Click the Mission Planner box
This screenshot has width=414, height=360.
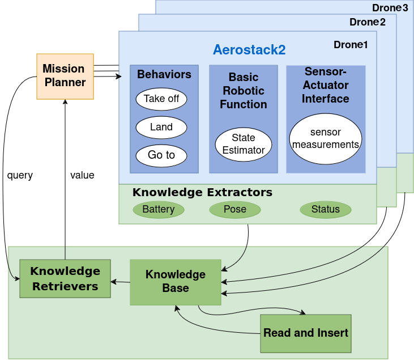point(65,76)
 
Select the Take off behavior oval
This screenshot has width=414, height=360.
point(161,99)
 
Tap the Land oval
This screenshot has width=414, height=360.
point(161,127)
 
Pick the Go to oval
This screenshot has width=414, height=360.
point(161,155)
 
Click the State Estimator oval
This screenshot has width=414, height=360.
point(244,144)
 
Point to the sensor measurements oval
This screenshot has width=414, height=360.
point(326,138)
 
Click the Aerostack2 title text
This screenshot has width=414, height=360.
point(249,49)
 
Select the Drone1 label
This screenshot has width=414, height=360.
point(351,45)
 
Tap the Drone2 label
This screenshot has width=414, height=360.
point(368,22)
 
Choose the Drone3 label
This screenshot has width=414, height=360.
point(390,8)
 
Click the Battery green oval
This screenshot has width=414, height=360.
point(159,209)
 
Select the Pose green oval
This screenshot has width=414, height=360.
point(235,209)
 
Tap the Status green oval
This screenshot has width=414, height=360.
point(326,209)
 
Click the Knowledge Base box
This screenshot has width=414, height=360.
point(176,282)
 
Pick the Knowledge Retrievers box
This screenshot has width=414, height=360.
point(65,278)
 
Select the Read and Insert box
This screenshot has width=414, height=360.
point(306,333)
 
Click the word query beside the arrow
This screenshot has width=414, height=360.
point(20,175)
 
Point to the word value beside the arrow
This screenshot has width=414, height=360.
point(82,175)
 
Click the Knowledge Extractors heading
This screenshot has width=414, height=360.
point(202,192)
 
